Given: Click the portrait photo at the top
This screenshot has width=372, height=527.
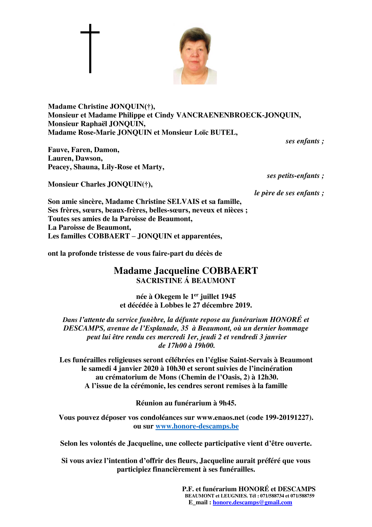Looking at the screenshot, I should (x=195, y=55).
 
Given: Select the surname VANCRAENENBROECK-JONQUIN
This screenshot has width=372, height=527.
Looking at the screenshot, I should (x=238, y=115).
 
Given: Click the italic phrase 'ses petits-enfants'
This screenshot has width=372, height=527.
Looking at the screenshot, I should (x=293, y=176).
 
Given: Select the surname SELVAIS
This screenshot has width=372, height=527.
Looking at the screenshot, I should (x=183, y=202).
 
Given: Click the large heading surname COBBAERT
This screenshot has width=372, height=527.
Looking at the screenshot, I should (x=230, y=271).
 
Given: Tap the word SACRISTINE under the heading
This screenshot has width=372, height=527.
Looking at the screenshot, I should (x=159, y=281).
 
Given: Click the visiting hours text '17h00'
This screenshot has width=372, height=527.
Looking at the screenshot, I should (x=176, y=346).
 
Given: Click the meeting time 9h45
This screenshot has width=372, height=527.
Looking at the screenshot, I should (x=227, y=403).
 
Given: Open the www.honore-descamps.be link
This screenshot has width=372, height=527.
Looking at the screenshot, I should (x=197, y=426).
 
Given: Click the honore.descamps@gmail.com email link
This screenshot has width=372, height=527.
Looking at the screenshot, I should (x=252, y=502).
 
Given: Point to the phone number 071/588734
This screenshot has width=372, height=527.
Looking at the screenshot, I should (x=272, y=496).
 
